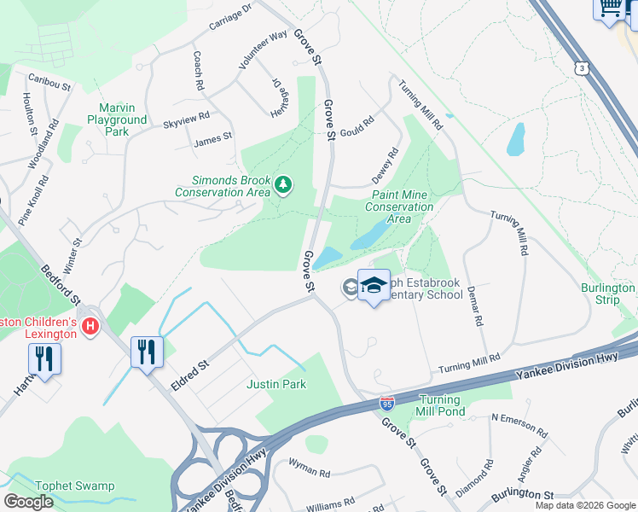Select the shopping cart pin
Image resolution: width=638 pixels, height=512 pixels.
(x=610, y=9)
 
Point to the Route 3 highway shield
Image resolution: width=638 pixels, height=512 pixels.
(x=582, y=67)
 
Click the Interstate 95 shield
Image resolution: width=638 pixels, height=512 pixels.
(x=387, y=402)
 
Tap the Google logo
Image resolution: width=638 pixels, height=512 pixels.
(x=28, y=501)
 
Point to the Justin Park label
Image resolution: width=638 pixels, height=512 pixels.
(x=275, y=385)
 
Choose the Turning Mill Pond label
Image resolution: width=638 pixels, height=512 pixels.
(x=440, y=405)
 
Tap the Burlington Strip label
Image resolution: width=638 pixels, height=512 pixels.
(x=607, y=294)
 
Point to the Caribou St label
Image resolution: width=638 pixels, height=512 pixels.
(x=46, y=78)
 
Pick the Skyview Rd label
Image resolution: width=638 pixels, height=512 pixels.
(x=186, y=119)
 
